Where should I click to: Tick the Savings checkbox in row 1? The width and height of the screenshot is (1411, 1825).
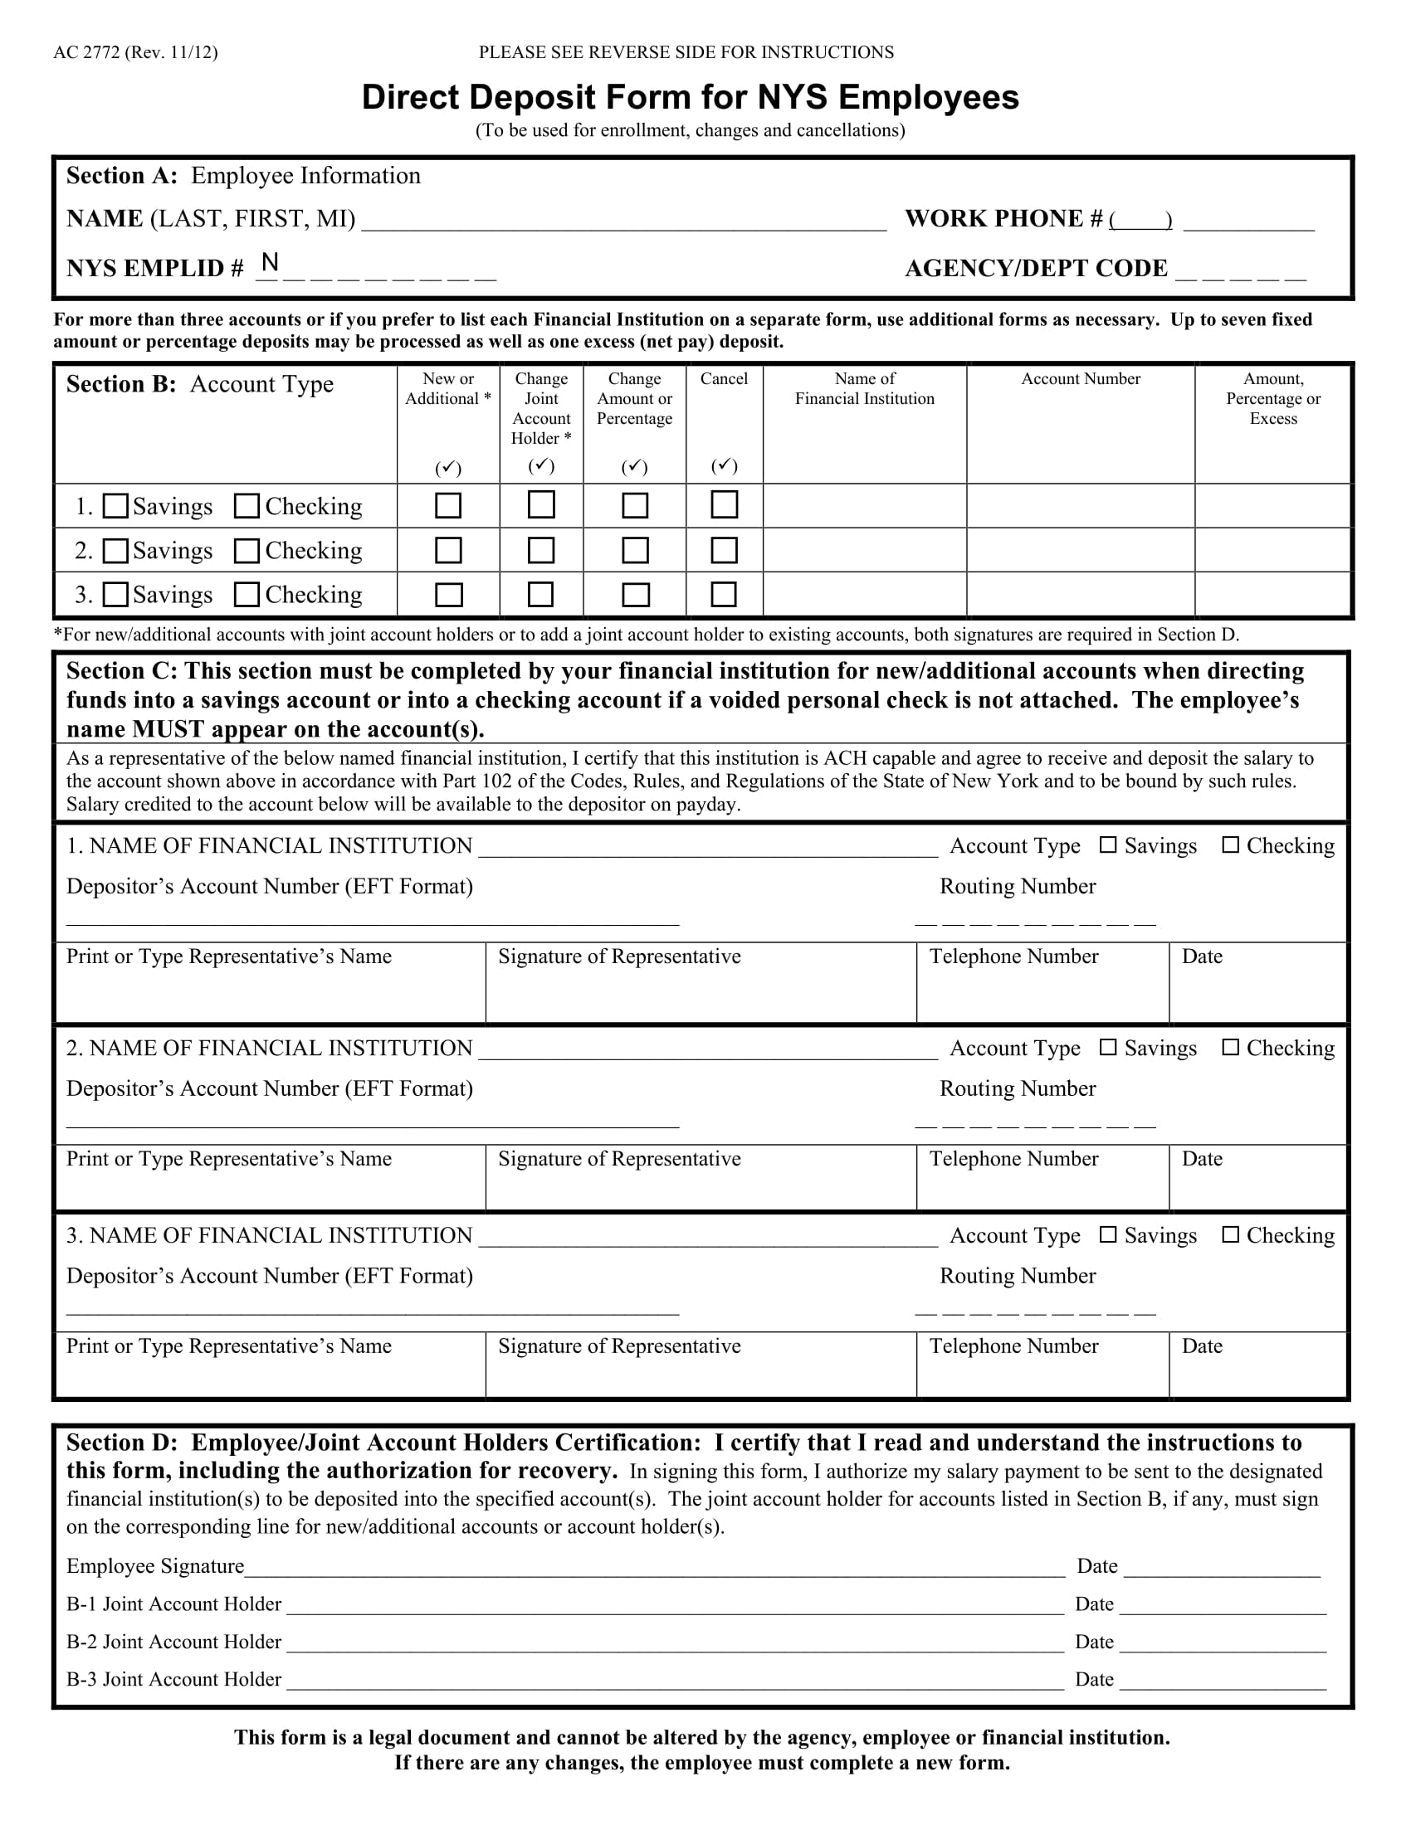click(x=115, y=506)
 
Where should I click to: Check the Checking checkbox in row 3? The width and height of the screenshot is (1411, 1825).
click(x=247, y=594)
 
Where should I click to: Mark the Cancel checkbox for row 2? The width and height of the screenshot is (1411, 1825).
click(x=724, y=550)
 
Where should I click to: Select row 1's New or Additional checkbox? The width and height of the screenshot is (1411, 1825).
click(x=449, y=505)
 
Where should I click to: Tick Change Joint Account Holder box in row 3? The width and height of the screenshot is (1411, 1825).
click(x=541, y=594)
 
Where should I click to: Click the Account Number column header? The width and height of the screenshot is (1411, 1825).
click(x=1080, y=379)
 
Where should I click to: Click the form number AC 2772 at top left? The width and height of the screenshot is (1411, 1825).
click(x=135, y=52)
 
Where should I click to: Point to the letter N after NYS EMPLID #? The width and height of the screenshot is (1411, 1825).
click(x=269, y=263)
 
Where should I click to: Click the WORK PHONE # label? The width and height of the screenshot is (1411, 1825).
click(x=1003, y=219)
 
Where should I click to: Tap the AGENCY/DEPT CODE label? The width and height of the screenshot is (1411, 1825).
click(x=1036, y=268)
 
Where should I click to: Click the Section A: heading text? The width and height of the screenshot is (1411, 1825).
click(x=122, y=176)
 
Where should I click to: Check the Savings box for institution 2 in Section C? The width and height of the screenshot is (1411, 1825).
click(x=1107, y=1047)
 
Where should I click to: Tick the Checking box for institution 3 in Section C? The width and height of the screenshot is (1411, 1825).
click(x=1230, y=1234)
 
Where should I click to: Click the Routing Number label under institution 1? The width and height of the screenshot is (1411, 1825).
click(x=1018, y=887)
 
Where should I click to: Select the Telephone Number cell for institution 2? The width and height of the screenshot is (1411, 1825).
click(x=1042, y=1178)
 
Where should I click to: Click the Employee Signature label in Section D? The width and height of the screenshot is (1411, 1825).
click(x=155, y=1566)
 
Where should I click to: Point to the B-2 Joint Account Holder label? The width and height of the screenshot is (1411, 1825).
click(x=173, y=1641)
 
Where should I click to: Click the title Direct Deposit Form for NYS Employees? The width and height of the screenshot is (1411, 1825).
click(x=690, y=98)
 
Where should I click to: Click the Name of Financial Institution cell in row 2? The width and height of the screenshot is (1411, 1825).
click(x=864, y=550)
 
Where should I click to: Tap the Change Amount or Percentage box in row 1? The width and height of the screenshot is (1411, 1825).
click(x=635, y=505)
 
